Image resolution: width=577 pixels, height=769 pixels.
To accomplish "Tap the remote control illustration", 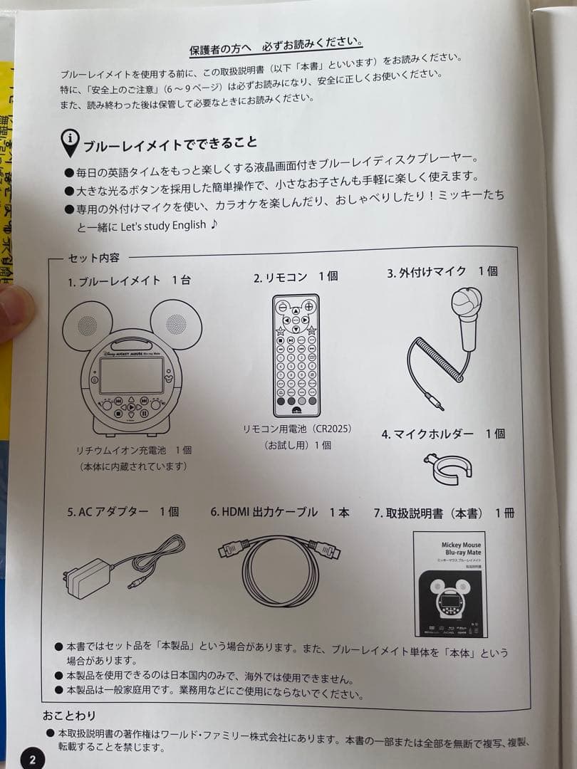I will pyautogui.click(x=296, y=355).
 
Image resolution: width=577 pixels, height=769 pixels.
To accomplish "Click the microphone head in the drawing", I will pyautogui.click(x=467, y=304).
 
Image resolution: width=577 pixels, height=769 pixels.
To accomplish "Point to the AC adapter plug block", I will pyautogui.click(x=87, y=577).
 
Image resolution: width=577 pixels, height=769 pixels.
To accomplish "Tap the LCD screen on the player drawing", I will pyautogui.click(x=131, y=375).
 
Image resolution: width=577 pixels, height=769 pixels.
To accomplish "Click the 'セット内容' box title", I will pyautogui.click(x=93, y=258).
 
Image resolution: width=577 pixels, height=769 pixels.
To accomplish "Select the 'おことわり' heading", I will pyautogui.click(x=69, y=715).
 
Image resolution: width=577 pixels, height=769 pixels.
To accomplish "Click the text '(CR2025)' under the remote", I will pyautogui.click(x=329, y=429).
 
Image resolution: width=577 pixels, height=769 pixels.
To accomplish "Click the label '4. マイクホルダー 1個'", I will pyautogui.click(x=443, y=434).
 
